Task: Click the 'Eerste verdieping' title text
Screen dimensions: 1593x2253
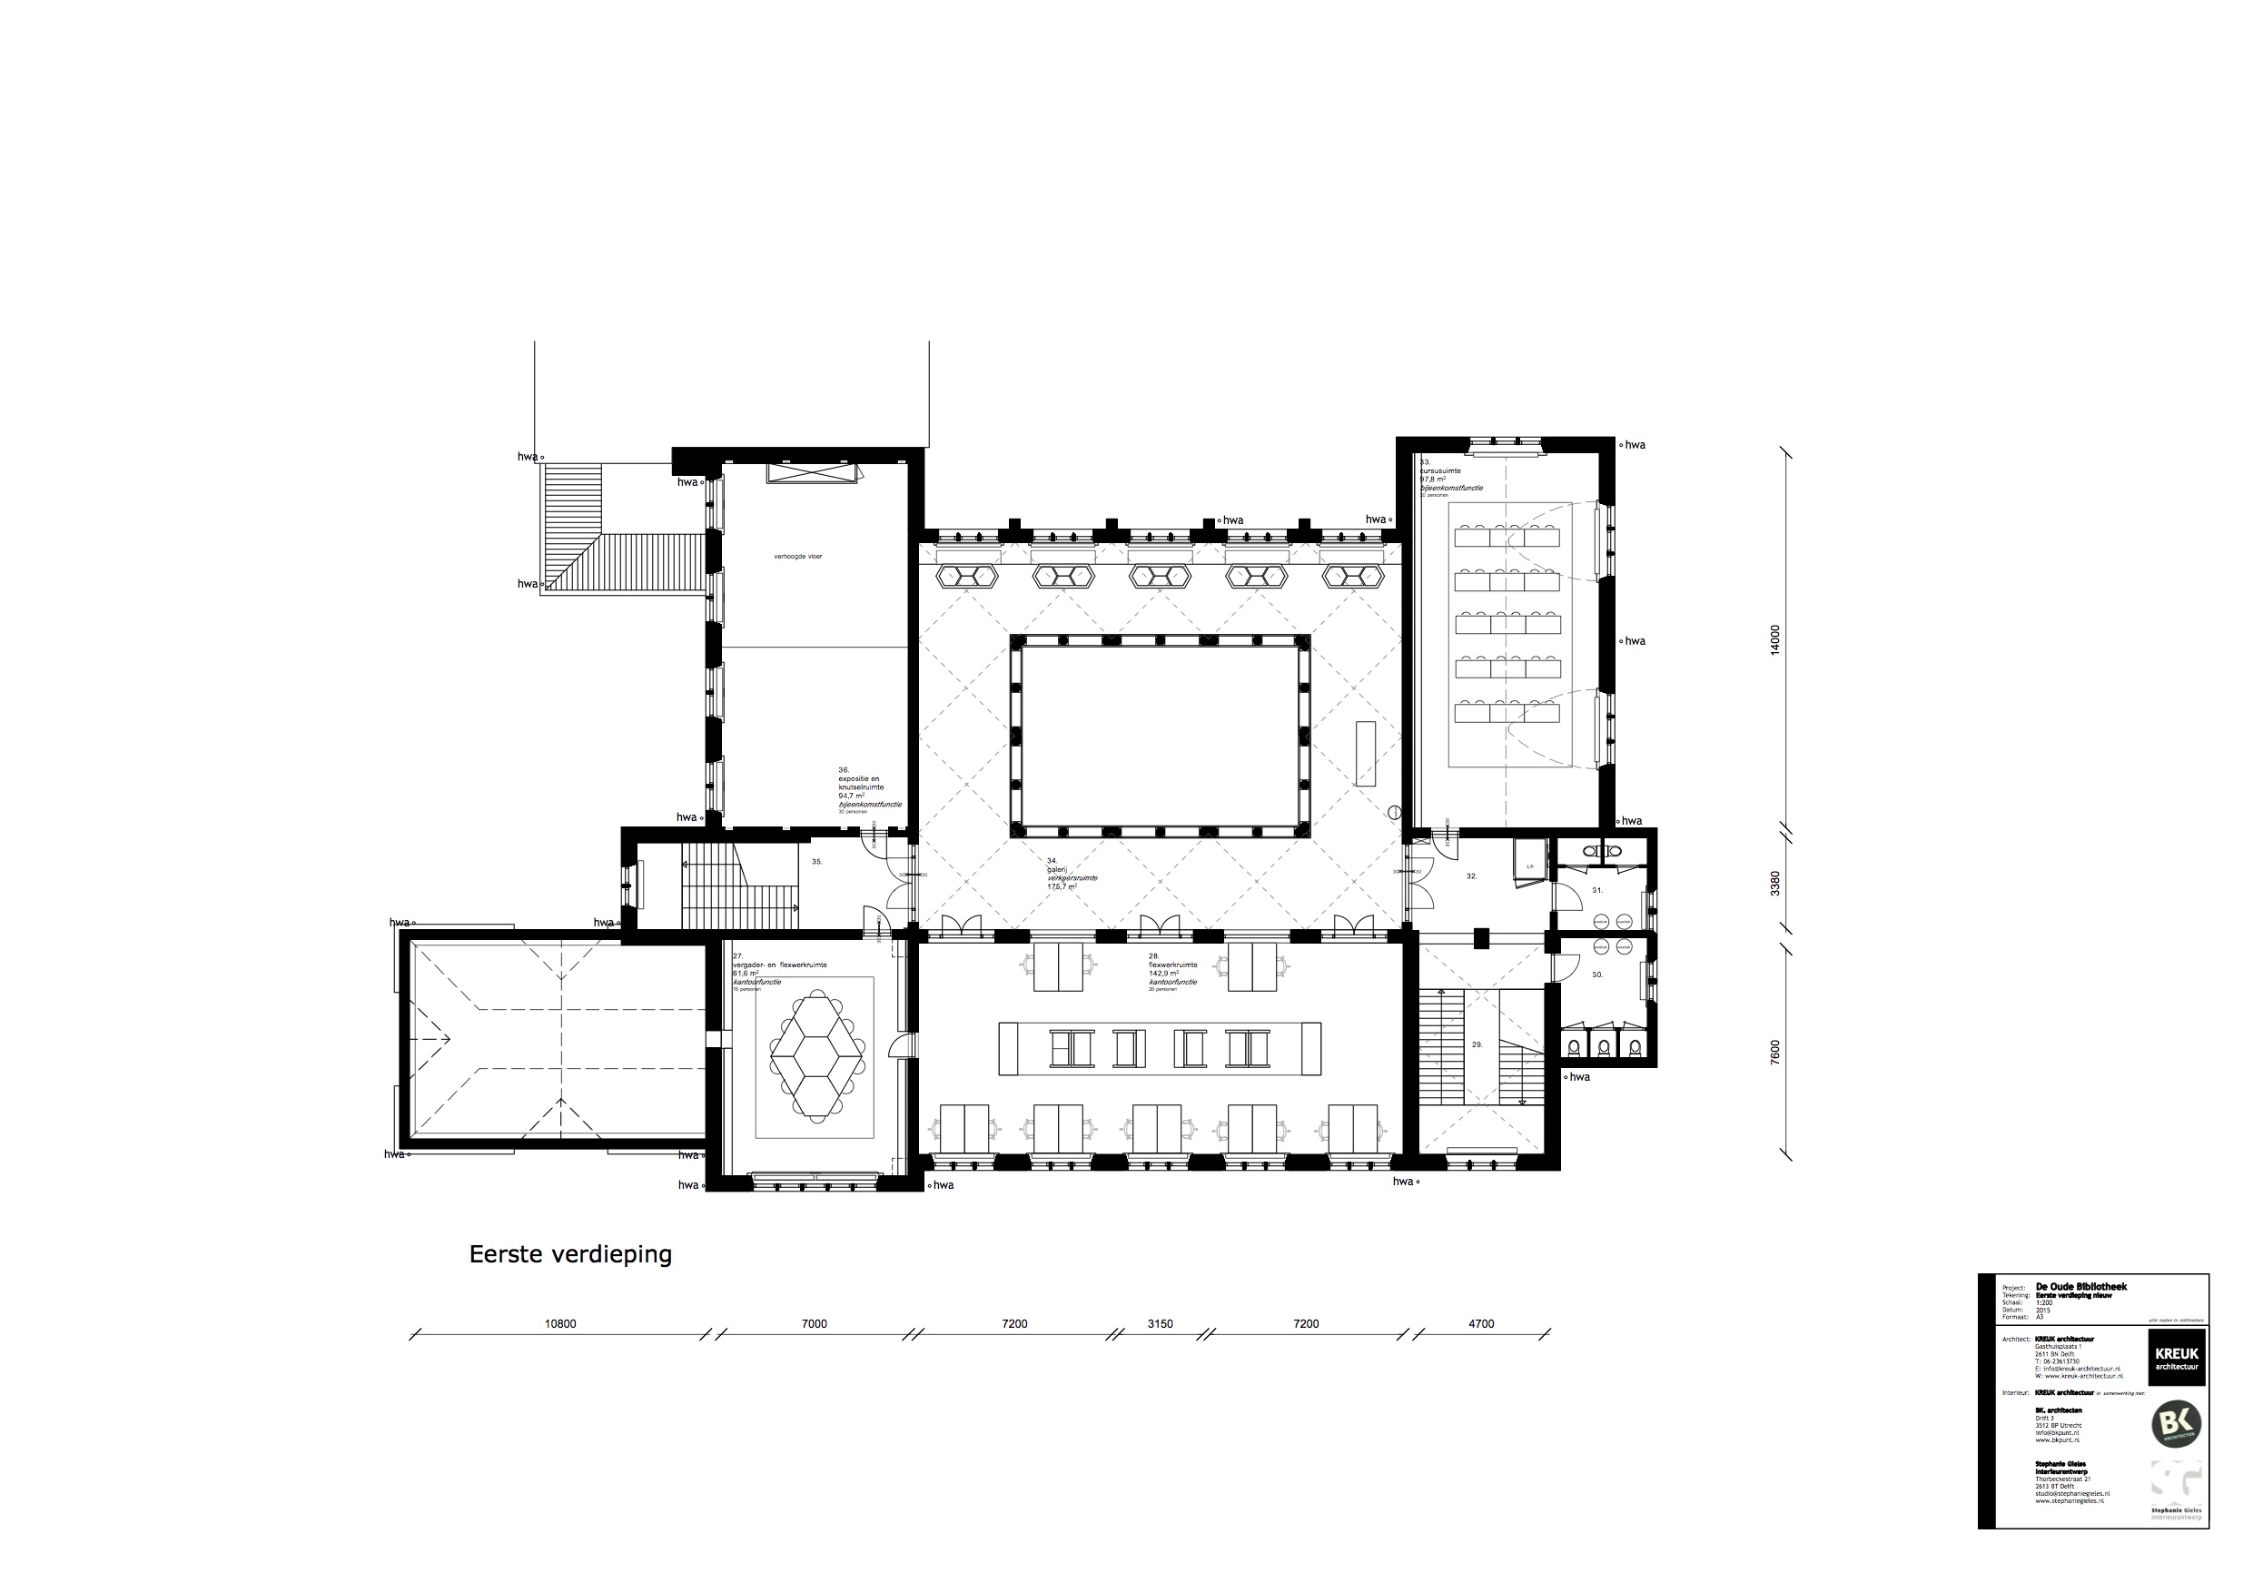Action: click(570, 1254)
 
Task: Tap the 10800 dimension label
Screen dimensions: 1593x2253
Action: click(560, 1324)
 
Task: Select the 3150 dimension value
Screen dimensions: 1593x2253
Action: click(1160, 1324)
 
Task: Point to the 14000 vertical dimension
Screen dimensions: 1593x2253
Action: click(1774, 640)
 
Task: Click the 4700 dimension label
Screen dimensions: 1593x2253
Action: click(1481, 1324)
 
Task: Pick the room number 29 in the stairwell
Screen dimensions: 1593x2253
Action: click(1477, 1045)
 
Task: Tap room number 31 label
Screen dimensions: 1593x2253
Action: click(1597, 890)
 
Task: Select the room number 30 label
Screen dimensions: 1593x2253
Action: click(1597, 975)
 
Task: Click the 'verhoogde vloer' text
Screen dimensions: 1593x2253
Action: click(798, 557)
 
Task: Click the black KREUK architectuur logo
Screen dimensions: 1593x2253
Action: click(2177, 1358)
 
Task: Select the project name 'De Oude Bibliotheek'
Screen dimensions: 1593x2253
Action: click(2081, 1286)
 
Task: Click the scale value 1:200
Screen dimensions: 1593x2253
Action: click(2045, 1302)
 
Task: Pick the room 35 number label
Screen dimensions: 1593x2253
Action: click(816, 862)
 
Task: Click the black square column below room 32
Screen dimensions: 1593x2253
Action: click(1481, 938)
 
